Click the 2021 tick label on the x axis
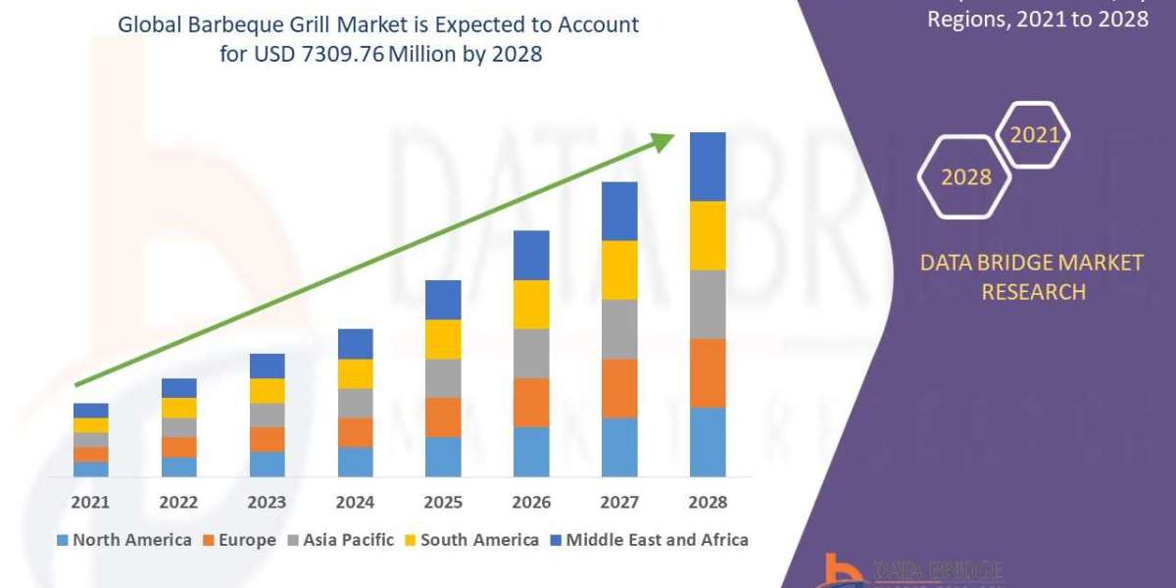click(x=90, y=502)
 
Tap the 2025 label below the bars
click(x=443, y=502)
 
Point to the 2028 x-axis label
click(x=708, y=502)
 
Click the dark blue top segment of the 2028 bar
click(x=708, y=167)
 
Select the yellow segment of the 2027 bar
click(x=619, y=269)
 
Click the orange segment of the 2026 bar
click(x=531, y=402)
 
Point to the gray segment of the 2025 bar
click(x=443, y=377)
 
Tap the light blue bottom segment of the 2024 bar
click(x=355, y=462)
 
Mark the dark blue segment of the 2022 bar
click(x=178, y=388)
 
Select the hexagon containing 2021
click(x=1033, y=135)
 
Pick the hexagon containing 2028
click(x=965, y=177)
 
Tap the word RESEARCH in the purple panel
click(x=1033, y=292)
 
